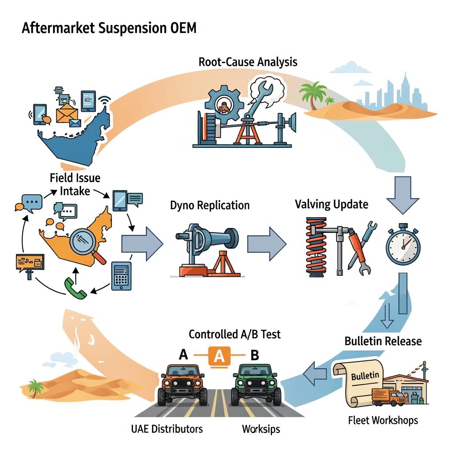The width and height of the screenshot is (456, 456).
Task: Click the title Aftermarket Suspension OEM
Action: [109, 28]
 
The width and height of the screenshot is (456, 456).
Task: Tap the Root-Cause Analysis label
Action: [248, 61]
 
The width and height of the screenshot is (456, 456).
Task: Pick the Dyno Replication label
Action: [210, 205]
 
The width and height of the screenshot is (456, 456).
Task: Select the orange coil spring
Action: [317, 247]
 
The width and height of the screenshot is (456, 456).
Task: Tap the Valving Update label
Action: [331, 204]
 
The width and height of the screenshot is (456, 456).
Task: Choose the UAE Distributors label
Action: [167, 429]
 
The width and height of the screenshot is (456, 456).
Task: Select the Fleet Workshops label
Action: [383, 419]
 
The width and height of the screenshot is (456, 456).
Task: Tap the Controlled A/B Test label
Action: [235, 334]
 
